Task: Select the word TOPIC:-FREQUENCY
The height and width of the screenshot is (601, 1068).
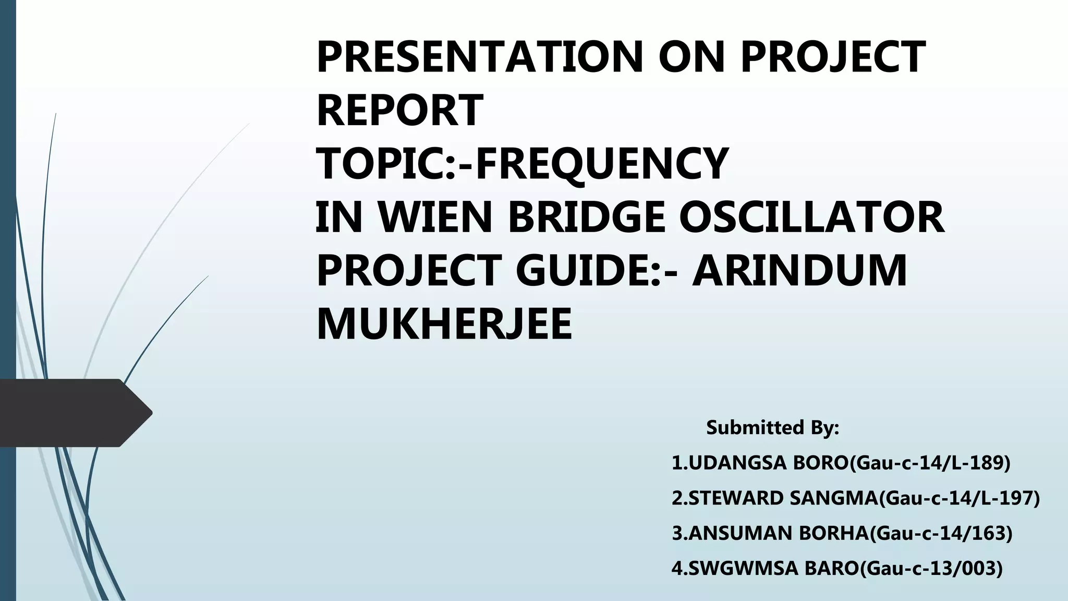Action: click(x=521, y=164)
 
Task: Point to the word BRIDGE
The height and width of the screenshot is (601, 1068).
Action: click(x=586, y=218)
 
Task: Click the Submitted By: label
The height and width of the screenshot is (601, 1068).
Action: click(x=772, y=428)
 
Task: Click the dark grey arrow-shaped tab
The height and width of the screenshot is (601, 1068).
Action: click(x=73, y=413)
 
